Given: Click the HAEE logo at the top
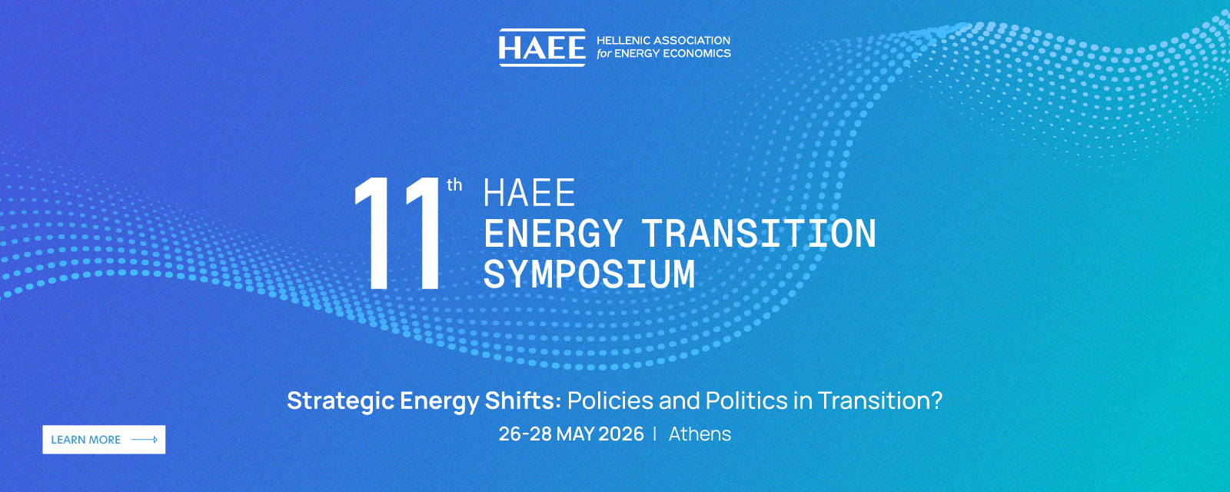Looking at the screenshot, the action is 542,48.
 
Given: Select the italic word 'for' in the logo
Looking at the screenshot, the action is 603,53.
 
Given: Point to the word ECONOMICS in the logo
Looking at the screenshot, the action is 696,53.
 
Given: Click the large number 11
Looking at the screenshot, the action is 397,234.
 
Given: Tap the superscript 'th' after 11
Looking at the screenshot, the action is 454,185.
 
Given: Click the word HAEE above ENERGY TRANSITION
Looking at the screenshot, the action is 530,193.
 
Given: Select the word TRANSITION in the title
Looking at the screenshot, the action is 760,234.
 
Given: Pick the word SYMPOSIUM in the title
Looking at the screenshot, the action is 589,274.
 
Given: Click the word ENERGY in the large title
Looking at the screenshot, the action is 553,234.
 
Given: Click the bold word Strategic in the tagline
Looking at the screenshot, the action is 341,401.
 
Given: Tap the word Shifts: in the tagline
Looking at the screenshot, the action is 523,401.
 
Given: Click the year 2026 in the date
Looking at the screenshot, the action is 621,434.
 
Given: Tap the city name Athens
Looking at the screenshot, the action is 700,434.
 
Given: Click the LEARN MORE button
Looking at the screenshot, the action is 104,439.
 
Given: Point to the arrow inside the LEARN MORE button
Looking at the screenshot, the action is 145,439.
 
